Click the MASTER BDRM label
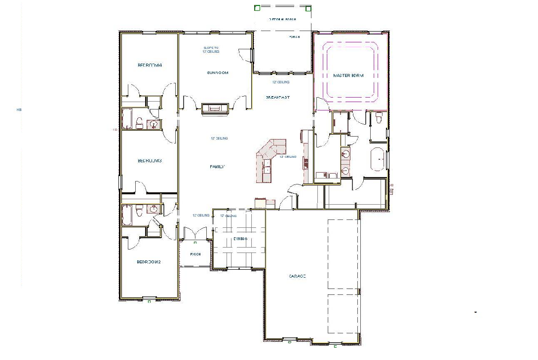pos(348,75)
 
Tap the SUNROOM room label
pos(217,73)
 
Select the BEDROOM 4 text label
pos(150,65)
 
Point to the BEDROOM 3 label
pos(150,161)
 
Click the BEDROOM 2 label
pos(149,262)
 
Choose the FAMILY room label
pos(217,167)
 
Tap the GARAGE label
pos(297,276)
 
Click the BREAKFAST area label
pos(278,97)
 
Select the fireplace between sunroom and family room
pos(215,108)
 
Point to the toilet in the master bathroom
pos(379,118)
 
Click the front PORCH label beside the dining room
pos(196,254)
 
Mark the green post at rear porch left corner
pos(257,8)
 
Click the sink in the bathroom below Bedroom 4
pos(154,124)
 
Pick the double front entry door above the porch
pos(195,232)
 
